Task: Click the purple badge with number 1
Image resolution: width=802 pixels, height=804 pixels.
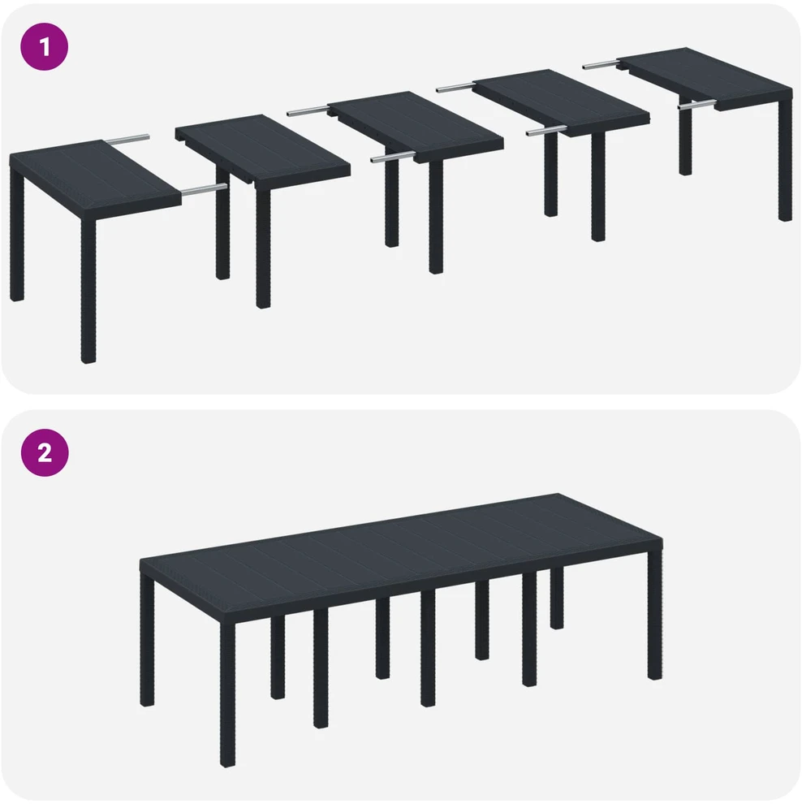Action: click(44, 46)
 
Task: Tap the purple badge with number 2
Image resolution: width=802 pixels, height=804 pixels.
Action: click(44, 453)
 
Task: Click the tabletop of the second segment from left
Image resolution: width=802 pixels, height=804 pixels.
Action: click(263, 149)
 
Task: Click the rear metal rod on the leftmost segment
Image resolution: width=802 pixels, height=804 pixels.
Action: click(127, 138)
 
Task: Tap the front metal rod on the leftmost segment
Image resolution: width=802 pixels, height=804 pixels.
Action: click(204, 189)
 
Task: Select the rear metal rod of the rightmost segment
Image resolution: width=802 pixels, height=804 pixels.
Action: click(601, 64)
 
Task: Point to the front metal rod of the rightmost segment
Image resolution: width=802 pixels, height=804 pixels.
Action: click(696, 106)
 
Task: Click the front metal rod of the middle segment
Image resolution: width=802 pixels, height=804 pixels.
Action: click(394, 158)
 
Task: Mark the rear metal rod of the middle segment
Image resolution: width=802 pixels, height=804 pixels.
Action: click(308, 110)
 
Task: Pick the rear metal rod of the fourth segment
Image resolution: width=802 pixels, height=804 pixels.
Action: click(455, 87)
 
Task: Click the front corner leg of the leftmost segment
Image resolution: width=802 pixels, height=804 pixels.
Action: click(88, 291)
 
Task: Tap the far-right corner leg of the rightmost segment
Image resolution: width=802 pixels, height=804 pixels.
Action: click(785, 159)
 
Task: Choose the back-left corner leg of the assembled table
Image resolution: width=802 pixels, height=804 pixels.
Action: click(147, 640)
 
